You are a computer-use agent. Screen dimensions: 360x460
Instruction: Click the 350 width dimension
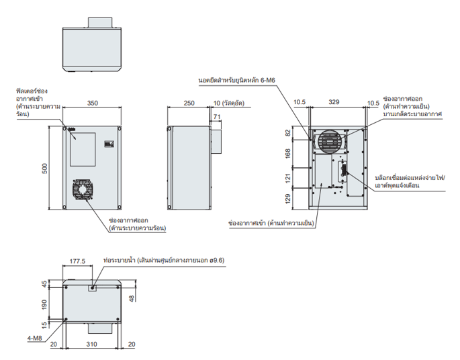pos(93,103)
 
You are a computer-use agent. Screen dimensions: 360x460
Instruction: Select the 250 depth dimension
pos(189,103)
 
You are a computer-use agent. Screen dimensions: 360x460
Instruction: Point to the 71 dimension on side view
pos(216,117)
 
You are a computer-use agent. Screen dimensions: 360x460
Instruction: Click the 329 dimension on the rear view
pos(333,103)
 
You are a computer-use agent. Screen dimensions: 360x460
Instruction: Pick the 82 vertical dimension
pos(289,133)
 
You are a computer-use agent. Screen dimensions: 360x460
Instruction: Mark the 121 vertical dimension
pos(289,179)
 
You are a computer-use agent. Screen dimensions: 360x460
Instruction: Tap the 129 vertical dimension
pos(289,199)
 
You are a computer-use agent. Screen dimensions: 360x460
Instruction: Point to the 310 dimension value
pos(93,344)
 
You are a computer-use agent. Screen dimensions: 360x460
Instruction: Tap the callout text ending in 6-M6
pos(242,79)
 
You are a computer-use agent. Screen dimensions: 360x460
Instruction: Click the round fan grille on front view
pos(83,190)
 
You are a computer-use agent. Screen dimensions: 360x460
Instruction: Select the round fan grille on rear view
pos(330,142)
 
